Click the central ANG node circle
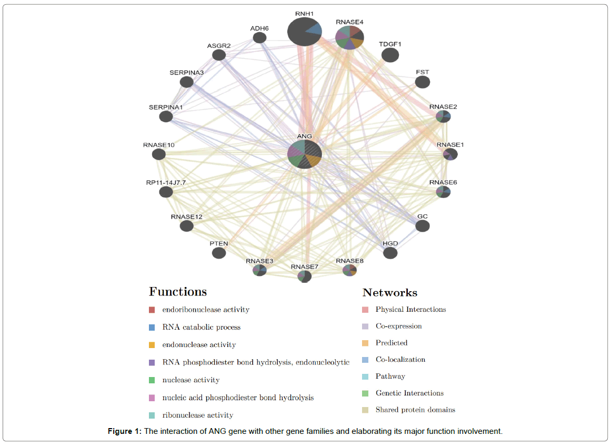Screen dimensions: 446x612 tap(305, 154)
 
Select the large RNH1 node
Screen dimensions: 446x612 tap(305, 31)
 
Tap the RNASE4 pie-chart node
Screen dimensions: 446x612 tap(349, 37)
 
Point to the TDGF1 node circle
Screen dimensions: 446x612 tap(390, 55)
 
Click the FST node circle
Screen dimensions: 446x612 tap(423, 82)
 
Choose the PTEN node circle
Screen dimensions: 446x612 tap(219, 253)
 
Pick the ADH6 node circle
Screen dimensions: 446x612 tap(259, 37)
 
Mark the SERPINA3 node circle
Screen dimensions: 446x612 tap(186, 82)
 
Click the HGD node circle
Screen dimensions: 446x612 tap(390, 253)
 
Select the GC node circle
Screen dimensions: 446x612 tap(423, 226)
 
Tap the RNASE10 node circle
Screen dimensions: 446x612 tap(159, 154)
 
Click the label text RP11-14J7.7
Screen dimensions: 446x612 tap(166, 183)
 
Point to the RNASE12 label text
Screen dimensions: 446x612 tap(186, 216)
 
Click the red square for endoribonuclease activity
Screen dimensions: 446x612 tap(152, 310)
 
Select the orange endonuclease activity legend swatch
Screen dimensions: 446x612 tap(152, 345)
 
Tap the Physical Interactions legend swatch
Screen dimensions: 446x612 tap(365, 310)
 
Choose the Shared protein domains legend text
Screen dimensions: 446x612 tap(415, 410)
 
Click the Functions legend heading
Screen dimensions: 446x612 tap(178, 292)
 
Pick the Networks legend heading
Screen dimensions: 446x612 tap(390, 293)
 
